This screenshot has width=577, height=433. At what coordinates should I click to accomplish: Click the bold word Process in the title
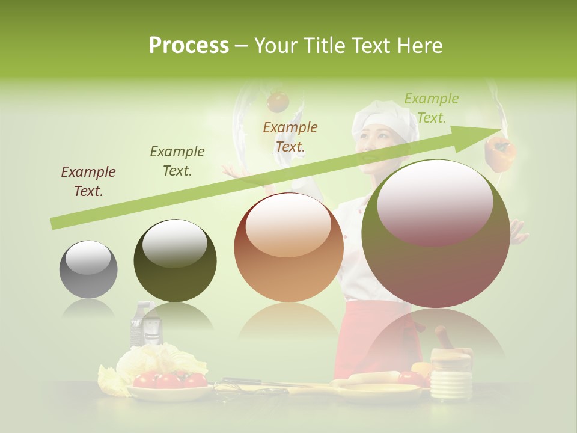point(189,45)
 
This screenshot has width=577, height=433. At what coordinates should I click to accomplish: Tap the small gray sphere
point(88,269)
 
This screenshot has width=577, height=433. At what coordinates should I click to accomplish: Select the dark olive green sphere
point(175,260)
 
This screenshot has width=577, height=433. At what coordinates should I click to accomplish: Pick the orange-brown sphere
point(288,247)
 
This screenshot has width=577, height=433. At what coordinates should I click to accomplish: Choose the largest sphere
point(436,233)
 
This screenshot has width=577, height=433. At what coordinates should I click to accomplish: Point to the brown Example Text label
point(88,182)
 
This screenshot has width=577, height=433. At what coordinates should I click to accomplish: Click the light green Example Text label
point(431,108)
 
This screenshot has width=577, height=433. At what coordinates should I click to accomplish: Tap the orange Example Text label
point(290,137)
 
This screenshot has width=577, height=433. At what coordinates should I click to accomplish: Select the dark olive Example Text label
point(177,161)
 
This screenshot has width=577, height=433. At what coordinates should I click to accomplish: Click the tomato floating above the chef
point(278,101)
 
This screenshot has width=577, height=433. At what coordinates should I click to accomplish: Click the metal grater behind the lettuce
point(145,325)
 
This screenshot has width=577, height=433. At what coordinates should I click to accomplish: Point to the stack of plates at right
point(451,379)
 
